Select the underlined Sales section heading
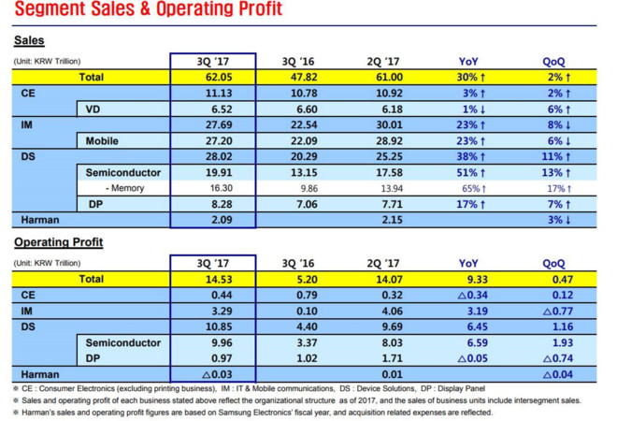[30, 41]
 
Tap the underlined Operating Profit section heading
[58, 243]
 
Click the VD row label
[93, 109]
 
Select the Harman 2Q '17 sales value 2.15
[384, 220]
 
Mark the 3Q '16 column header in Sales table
[297, 62]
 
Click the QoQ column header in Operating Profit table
[553, 264]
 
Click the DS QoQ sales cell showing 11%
[553, 157]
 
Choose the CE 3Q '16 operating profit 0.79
[297, 295]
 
